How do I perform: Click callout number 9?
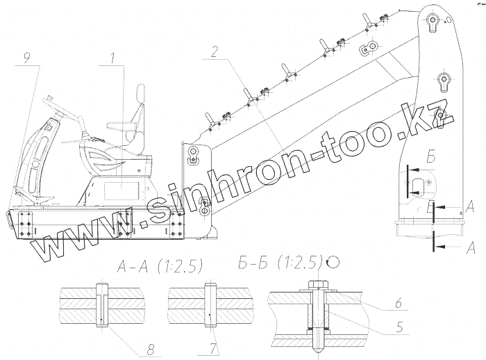(x=27, y=59)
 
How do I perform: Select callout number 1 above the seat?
(x=112, y=59)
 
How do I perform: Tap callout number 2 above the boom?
(x=214, y=52)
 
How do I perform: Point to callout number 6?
(x=399, y=302)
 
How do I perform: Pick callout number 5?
(x=400, y=327)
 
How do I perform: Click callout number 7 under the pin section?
(x=213, y=350)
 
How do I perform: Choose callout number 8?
(x=150, y=350)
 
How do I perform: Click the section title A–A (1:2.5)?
(x=160, y=266)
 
